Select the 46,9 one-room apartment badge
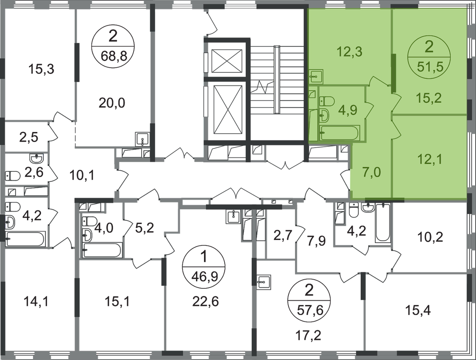point(204,267)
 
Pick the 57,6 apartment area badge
point(309,300)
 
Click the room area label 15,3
point(41,69)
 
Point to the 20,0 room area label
point(112,103)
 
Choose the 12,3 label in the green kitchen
point(350,52)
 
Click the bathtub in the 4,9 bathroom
point(340,133)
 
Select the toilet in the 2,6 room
point(12,176)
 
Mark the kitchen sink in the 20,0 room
point(142,140)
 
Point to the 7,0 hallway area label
point(372,172)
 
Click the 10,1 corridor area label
point(81,175)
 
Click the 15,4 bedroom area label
point(418,311)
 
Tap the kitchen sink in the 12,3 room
point(316,76)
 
